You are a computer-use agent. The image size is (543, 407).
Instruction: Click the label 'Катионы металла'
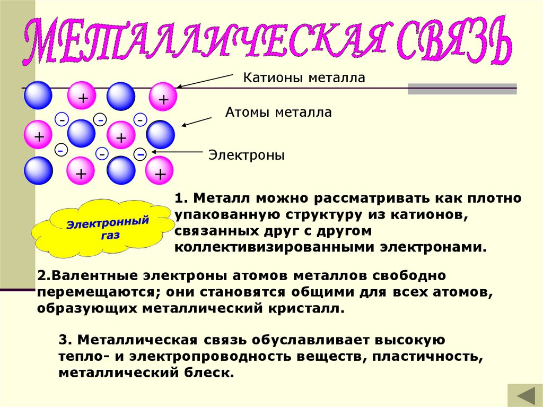[x=304, y=78]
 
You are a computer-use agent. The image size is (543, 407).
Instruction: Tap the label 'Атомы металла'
[x=278, y=112]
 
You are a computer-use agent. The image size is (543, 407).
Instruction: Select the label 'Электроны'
[x=246, y=155]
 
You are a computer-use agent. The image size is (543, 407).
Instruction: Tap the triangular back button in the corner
[x=524, y=395]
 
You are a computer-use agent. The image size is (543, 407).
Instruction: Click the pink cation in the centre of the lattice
[x=121, y=137]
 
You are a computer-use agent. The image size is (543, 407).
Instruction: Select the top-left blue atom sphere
[x=38, y=95]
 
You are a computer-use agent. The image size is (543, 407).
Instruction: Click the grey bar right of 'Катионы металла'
[x=462, y=89]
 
